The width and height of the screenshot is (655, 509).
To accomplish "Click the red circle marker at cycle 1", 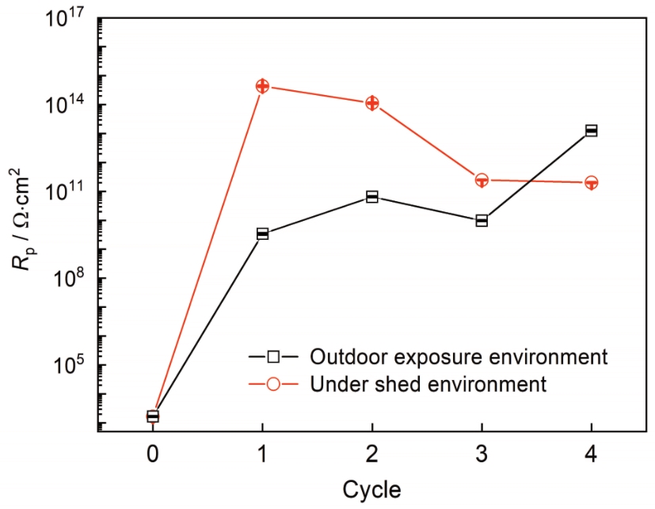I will click(262, 85).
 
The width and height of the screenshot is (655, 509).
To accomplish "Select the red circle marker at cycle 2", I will click(372, 103).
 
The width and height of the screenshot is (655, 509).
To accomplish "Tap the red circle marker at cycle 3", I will click(482, 180).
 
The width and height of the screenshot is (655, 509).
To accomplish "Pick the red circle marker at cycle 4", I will click(591, 183).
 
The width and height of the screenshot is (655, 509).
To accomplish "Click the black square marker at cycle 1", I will click(262, 234).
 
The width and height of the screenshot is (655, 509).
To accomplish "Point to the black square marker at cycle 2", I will click(372, 196).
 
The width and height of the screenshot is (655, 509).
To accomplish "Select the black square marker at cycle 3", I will click(482, 220).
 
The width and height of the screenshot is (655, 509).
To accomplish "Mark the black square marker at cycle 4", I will click(591, 131).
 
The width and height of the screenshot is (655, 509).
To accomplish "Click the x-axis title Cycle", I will click(371, 489).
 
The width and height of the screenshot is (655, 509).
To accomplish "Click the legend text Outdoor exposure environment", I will click(459, 355).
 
